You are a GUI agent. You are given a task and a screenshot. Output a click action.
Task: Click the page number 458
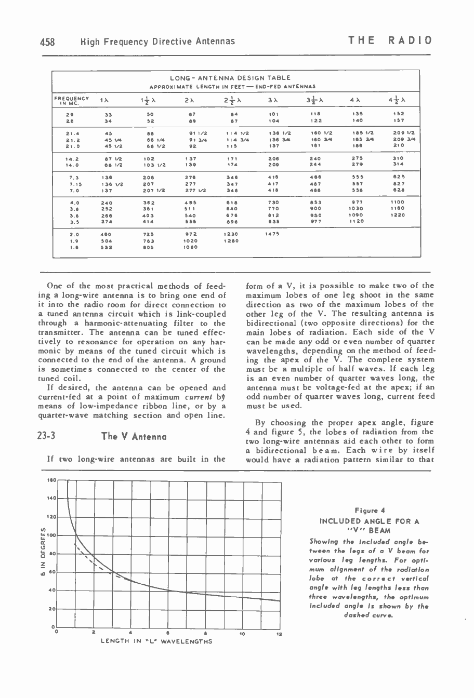click(48, 41)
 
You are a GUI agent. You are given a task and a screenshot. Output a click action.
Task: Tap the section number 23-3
click(47, 437)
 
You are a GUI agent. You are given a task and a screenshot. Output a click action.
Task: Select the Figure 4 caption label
click(370, 510)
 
